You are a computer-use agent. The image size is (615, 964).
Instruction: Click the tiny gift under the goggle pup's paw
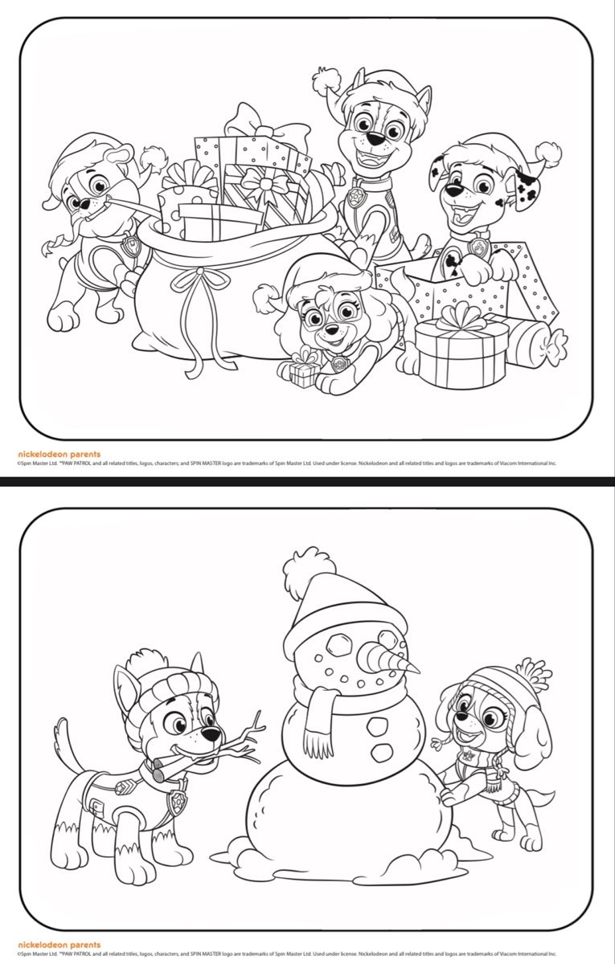[x=301, y=371]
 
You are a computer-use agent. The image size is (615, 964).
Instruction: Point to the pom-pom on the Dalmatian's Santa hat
[x=548, y=153]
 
